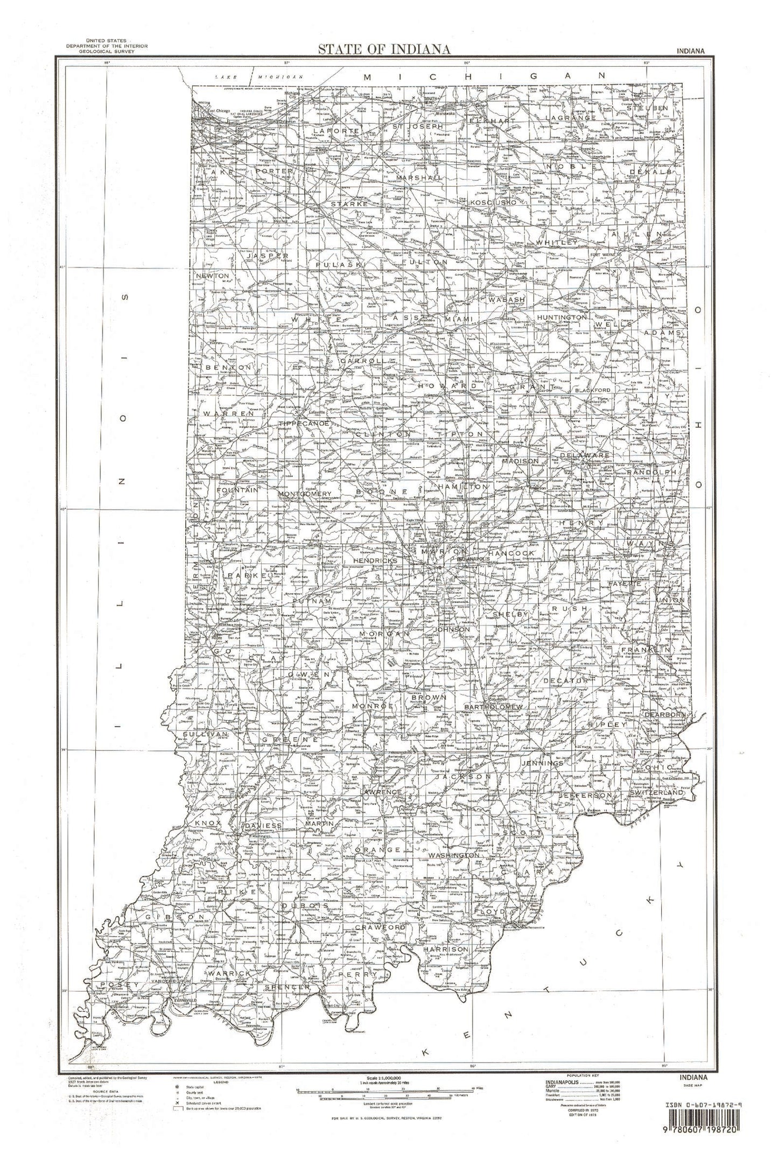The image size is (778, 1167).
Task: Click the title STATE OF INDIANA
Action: coord(384,50)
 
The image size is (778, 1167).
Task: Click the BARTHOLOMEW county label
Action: coord(494,706)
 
